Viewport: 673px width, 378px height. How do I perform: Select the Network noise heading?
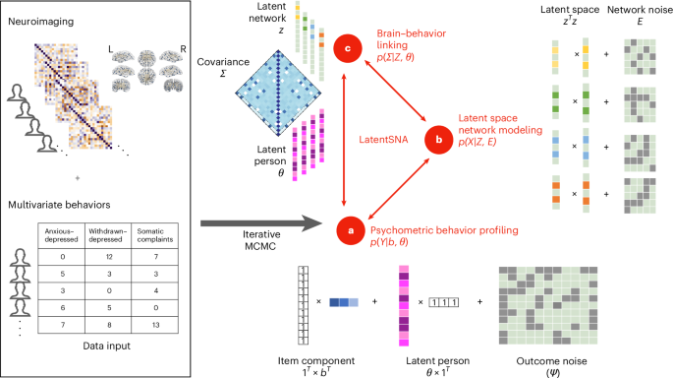(x=631, y=15)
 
